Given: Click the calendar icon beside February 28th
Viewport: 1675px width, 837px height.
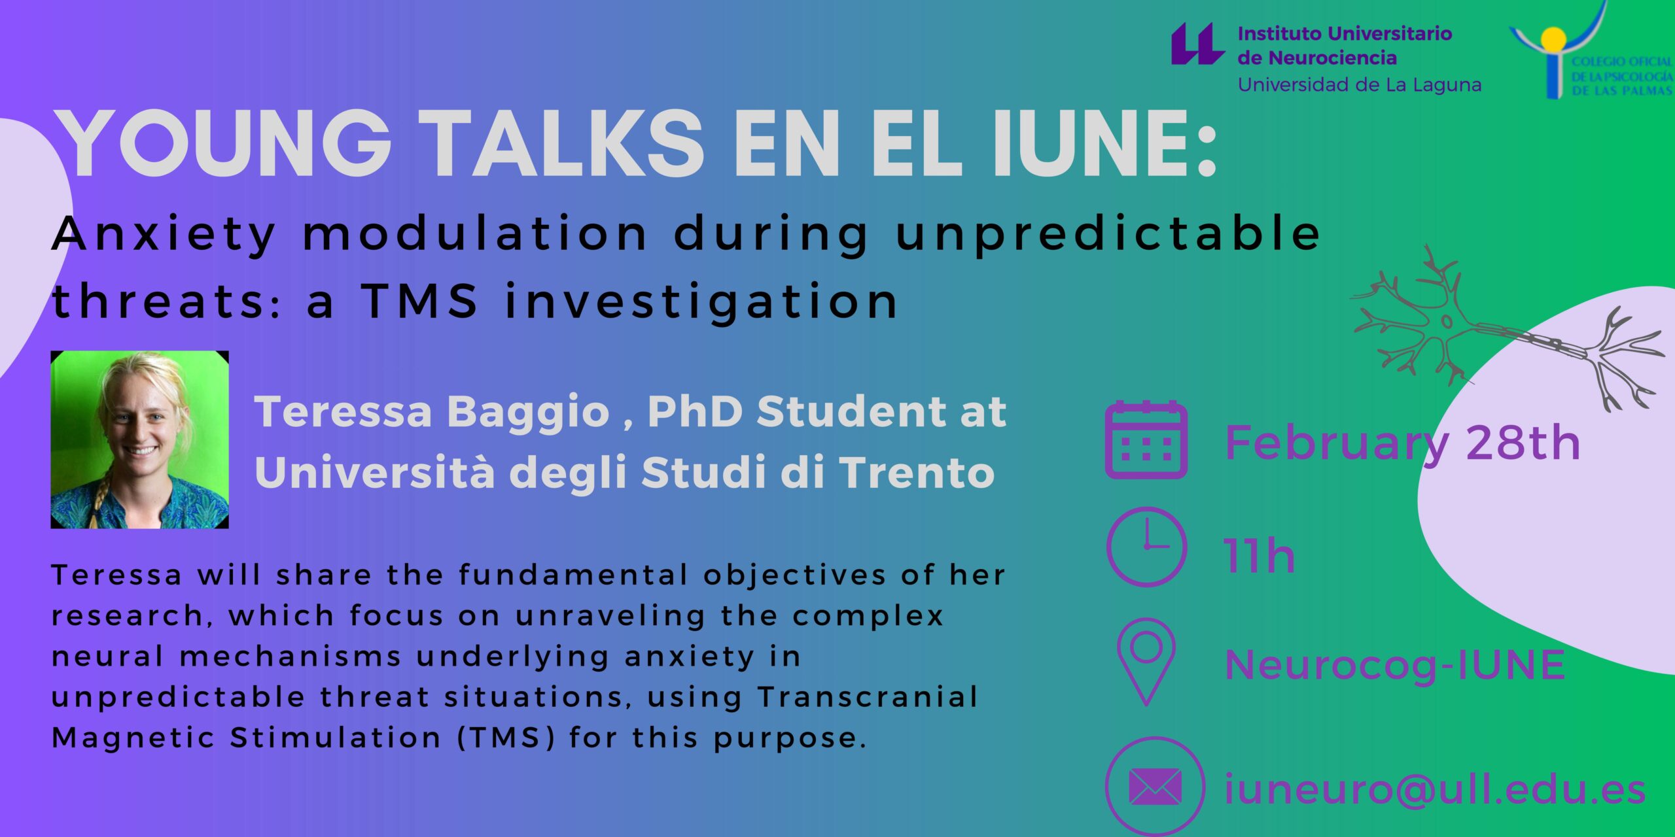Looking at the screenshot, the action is [1146, 440].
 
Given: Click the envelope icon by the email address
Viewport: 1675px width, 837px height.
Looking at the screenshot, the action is [1155, 787].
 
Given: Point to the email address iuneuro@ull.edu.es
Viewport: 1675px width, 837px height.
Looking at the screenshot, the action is [1435, 789].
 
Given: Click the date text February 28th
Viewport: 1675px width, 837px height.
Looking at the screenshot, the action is [1402, 444].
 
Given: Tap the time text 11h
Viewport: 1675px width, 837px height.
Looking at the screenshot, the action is [1260, 556].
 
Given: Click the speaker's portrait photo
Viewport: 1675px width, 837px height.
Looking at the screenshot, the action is [139, 439].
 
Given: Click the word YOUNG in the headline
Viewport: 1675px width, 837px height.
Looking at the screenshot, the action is [223, 143].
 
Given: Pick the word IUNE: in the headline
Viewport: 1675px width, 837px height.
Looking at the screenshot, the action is [1105, 143].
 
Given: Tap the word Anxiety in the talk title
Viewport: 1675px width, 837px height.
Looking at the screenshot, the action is [164, 234].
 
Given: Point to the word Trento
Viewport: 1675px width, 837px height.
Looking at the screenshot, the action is [917, 472].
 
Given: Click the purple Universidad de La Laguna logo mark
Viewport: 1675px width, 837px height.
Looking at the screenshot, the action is [1197, 44].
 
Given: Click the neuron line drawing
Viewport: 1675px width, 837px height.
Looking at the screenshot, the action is [1505, 330].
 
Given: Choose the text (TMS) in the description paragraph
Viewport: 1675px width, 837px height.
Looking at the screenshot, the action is [506, 738].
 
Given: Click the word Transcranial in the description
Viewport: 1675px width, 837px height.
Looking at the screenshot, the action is [868, 697].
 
